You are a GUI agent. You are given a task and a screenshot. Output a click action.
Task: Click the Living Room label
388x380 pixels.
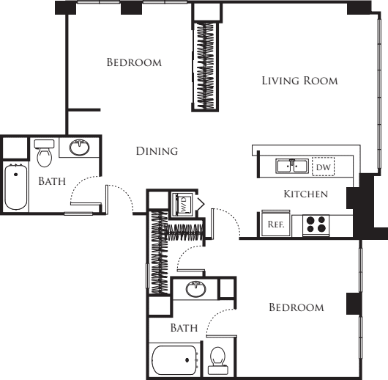click(x=299, y=81)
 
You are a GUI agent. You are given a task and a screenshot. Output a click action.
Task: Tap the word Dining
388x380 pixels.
click(x=157, y=151)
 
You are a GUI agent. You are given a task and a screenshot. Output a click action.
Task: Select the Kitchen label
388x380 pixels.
click(x=306, y=194)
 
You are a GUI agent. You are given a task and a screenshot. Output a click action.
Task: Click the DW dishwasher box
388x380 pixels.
click(x=323, y=167)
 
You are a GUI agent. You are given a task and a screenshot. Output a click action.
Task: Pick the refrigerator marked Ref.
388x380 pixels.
click(x=276, y=224)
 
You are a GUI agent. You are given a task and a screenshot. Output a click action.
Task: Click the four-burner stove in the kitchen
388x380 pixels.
click(x=316, y=224)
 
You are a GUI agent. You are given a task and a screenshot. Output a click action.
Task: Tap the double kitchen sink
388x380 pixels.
click(x=292, y=167)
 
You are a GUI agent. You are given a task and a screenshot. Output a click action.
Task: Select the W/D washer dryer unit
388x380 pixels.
click(x=183, y=204)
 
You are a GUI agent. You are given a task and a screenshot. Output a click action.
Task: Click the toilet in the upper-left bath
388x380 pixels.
click(x=44, y=153)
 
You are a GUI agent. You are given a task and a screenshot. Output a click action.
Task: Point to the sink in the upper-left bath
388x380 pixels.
click(x=79, y=147)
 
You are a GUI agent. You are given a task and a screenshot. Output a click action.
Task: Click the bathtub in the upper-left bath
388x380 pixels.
click(x=16, y=187)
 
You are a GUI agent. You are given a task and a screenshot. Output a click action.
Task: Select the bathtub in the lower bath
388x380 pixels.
click(x=175, y=360)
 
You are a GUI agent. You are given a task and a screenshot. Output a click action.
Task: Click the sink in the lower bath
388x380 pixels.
click(x=196, y=289)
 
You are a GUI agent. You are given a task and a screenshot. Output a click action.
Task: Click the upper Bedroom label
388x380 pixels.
click(x=134, y=62)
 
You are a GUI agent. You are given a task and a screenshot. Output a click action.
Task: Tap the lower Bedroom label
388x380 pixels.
click(x=296, y=307)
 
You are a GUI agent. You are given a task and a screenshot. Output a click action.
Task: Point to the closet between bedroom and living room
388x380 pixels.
click(x=206, y=67)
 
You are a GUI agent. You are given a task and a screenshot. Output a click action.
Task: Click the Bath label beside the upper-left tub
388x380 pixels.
click(x=52, y=181)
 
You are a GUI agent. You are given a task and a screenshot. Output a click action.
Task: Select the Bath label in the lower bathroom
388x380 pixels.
click(x=184, y=328)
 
